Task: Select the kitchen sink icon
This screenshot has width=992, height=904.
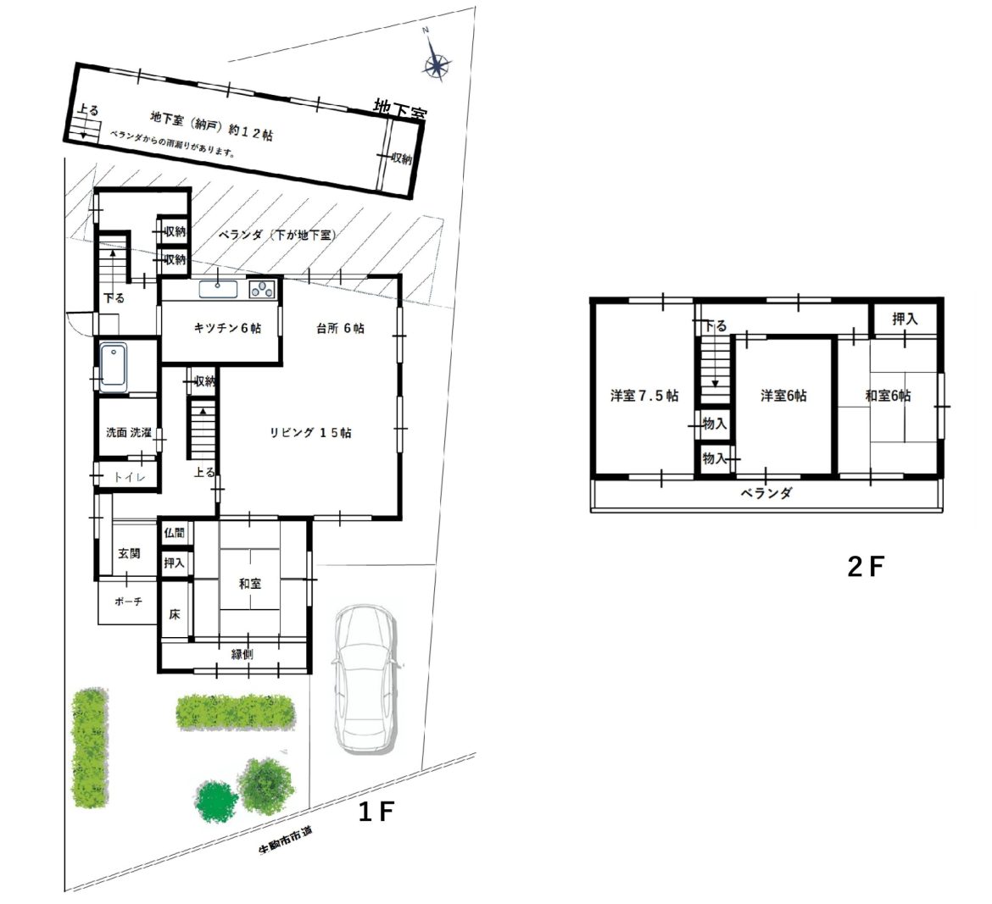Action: pos(218,290)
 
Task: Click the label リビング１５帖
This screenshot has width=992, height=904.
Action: pos(310,433)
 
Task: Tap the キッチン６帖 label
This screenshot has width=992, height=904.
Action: pos(227,328)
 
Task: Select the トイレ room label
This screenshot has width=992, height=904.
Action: pos(130,477)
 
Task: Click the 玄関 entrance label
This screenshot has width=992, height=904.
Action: pos(129,553)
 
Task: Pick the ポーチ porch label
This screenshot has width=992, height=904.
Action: pos(128,602)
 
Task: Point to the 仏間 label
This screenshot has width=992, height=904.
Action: pos(175,533)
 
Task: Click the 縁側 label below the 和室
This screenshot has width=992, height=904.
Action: pos(242,654)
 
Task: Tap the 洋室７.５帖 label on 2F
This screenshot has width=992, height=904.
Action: pos(644,396)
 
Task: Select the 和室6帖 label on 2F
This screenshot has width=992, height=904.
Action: pos(889,396)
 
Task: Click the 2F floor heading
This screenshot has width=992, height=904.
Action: pos(865,567)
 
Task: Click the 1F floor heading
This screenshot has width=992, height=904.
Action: pos(376,812)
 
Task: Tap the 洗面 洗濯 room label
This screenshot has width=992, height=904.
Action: pos(129,433)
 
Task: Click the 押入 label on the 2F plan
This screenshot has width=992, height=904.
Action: pos(905,319)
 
